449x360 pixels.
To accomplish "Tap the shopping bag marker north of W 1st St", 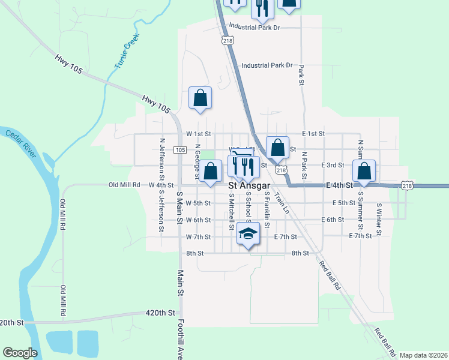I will click(x=200, y=98).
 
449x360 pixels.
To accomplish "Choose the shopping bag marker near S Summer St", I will click(x=364, y=171).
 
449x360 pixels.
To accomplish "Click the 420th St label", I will click(x=160, y=313).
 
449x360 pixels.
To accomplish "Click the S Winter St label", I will click(x=379, y=220).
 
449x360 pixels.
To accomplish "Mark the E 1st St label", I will click(x=313, y=133).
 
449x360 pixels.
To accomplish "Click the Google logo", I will click(x=20, y=353).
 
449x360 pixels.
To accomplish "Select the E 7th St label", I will click(x=285, y=237).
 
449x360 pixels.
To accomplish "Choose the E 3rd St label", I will click(x=333, y=166).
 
